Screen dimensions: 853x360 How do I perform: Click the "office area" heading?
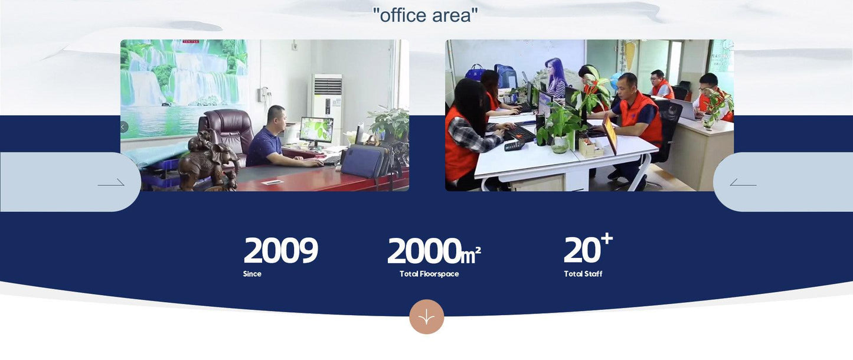(x=425, y=15)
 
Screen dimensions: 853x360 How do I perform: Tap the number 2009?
(x=280, y=250)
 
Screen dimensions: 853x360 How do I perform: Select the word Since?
(x=252, y=274)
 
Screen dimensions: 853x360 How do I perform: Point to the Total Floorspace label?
(x=429, y=274)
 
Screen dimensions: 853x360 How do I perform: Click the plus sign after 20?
(x=607, y=238)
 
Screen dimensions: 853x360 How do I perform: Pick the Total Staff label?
(x=583, y=274)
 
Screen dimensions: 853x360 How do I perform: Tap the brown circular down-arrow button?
(x=426, y=316)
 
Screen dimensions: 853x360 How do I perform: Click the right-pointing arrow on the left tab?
(x=111, y=184)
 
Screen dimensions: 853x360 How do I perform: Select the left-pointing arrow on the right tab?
(x=743, y=184)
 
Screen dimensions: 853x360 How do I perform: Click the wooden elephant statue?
(x=208, y=161)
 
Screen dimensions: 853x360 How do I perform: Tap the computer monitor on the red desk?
(x=316, y=131)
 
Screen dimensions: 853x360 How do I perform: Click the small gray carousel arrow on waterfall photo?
(x=124, y=127)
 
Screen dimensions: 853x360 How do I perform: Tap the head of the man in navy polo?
(x=276, y=117)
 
